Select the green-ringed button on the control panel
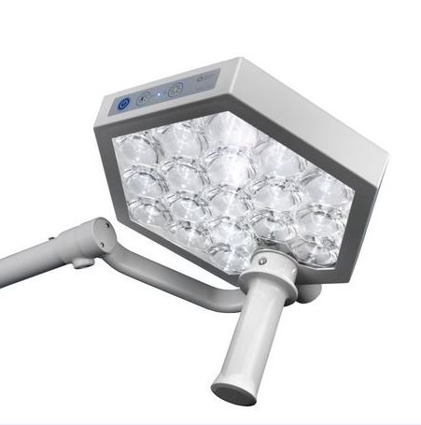click(175, 91)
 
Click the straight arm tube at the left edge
click(28, 250)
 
